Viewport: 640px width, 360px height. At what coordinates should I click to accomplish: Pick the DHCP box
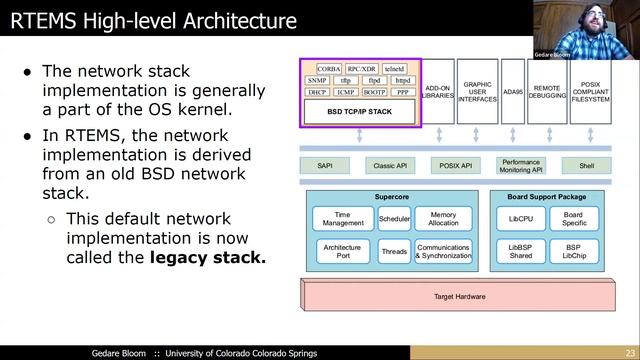pos(317,92)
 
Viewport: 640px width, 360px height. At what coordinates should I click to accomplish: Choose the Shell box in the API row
pos(586,164)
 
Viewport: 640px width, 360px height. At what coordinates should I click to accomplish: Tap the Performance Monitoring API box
pos(521,164)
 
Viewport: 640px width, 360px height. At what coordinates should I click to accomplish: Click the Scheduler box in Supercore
pos(394,218)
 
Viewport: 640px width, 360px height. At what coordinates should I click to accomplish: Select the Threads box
pos(394,251)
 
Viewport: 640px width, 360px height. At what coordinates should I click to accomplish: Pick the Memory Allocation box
pos(443,218)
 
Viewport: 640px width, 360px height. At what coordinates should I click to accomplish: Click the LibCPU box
pos(519,218)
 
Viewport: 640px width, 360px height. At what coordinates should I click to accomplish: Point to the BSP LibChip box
pos(573,251)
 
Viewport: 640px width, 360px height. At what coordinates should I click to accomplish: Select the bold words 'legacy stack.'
pos(208,258)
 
